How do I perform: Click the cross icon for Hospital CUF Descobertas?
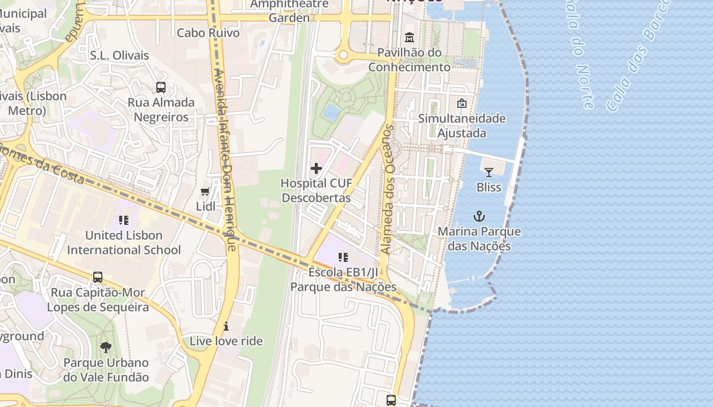316,168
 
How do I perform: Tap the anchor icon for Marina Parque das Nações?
479,216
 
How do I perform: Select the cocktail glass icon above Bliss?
489,172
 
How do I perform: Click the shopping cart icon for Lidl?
205,192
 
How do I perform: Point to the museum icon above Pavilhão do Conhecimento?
409,38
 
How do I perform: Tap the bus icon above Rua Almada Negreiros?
161,88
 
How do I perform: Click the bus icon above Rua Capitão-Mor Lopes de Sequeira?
98,277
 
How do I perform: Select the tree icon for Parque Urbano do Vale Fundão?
106,347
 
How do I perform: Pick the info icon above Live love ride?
226,326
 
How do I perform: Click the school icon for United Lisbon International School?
123,220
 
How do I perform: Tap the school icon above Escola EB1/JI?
343,257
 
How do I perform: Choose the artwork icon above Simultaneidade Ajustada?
462,103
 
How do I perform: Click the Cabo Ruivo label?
208,33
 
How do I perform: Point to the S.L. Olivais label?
119,55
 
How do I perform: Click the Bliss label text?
489,187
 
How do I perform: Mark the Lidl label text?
206,207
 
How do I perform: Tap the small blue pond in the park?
332,111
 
